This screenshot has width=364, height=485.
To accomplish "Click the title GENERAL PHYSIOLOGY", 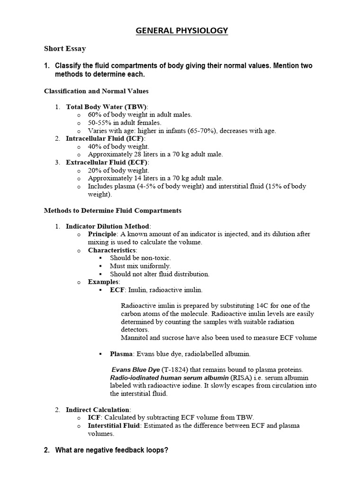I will pos(182,31).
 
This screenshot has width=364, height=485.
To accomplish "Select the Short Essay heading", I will pos(65,49).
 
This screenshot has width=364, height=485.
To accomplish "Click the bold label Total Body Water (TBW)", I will pos(107,107).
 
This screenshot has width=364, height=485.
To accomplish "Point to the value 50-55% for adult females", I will pos(99,123).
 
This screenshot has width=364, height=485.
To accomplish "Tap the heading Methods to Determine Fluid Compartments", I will pos(112,210).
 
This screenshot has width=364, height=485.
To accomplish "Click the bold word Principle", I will pos(102,234).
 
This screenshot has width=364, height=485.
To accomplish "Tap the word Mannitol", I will pos(135,338).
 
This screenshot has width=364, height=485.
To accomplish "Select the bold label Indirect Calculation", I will pos(97,409).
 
